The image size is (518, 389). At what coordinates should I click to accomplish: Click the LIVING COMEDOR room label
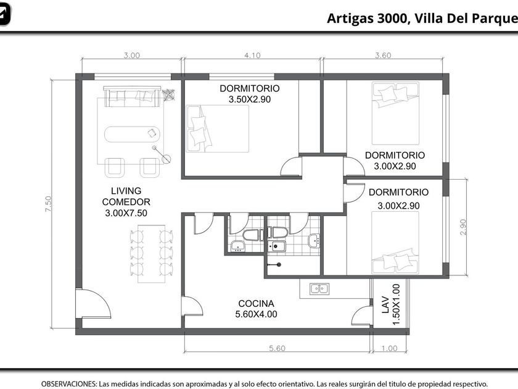[x=126, y=196]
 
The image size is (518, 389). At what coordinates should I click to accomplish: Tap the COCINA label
[x=256, y=303]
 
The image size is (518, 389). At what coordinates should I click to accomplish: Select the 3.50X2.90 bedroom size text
[x=249, y=99]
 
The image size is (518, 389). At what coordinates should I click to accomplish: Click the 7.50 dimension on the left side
[x=49, y=204]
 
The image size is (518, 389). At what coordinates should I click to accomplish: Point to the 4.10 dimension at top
[x=252, y=55]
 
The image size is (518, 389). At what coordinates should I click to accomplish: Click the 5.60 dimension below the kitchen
[x=277, y=348]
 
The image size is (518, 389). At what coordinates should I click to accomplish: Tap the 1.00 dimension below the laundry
[x=390, y=348]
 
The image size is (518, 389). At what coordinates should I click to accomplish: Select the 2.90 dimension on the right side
[x=463, y=227]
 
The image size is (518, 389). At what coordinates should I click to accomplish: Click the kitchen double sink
[x=319, y=289]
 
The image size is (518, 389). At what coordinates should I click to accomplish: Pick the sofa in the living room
[x=132, y=96]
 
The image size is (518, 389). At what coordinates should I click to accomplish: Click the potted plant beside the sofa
[x=169, y=94]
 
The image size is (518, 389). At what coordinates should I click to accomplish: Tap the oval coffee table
[x=132, y=134]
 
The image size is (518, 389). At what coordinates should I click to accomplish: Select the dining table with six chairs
[x=151, y=254]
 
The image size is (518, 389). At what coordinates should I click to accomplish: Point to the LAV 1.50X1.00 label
[x=391, y=304]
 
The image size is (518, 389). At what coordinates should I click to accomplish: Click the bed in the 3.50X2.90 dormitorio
[x=217, y=128]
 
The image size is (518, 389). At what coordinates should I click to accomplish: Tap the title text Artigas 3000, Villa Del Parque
[x=422, y=19]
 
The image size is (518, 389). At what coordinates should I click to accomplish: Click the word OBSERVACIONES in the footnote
[x=69, y=384]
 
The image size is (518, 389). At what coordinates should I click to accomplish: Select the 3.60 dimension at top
[x=383, y=55]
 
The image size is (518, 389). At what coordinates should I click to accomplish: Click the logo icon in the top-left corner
[x=5, y=14]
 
